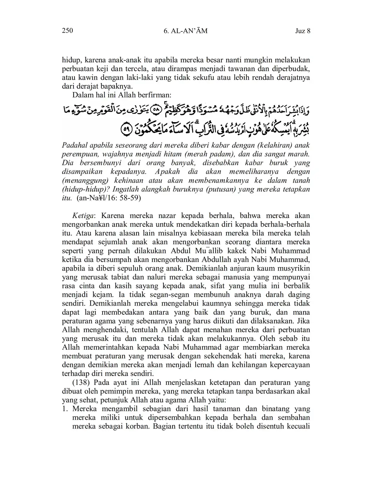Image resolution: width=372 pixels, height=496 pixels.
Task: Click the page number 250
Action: click(67, 31)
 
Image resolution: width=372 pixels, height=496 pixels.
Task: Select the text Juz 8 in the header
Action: click(303, 31)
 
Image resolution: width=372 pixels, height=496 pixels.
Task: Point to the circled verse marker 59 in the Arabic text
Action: click(126, 130)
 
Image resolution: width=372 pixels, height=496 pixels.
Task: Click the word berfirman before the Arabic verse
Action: click(155, 95)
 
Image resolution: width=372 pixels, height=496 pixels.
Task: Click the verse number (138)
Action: click(82, 383)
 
